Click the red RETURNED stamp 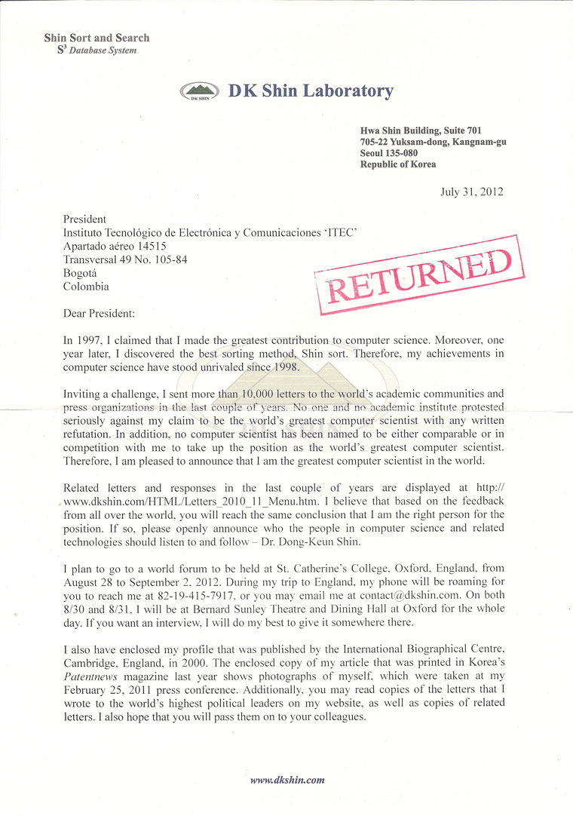point(412,275)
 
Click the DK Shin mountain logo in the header point(200,92)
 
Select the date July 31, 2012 point(472,192)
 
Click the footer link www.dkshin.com point(287,781)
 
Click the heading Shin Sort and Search point(97,38)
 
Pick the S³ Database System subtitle point(97,51)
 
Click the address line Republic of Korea point(398,164)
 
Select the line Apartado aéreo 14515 point(115,246)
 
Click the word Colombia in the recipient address point(86,287)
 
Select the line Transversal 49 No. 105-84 point(125,259)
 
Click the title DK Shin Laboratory point(311,91)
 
